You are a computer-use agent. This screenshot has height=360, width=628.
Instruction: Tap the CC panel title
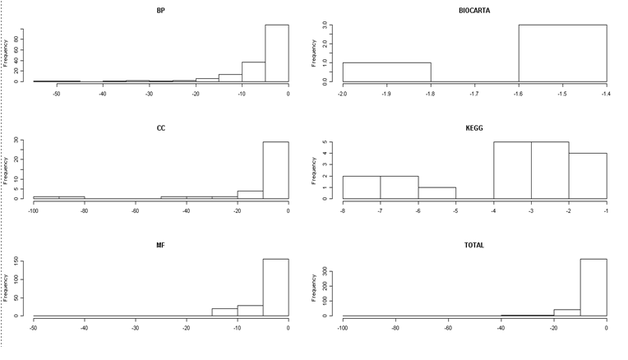pyautogui.click(x=159, y=127)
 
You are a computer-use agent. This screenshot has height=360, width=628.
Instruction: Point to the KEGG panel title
pyautogui.click(x=474, y=127)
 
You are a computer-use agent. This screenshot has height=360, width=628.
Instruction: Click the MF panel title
pyautogui.click(x=159, y=245)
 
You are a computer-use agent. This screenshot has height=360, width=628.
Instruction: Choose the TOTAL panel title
pyautogui.click(x=474, y=245)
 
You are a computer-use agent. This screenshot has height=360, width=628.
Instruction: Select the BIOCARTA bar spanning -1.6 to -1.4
pyautogui.click(x=562, y=53)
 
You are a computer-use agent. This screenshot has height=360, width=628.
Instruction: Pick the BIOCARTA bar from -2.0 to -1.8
pyautogui.click(x=386, y=72)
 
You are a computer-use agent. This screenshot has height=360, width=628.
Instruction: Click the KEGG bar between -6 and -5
pyautogui.click(x=436, y=193)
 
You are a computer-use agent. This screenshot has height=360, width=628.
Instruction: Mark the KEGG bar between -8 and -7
pyautogui.click(x=361, y=187)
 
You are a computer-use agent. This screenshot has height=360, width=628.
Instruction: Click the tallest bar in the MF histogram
pyautogui.click(x=275, y=288)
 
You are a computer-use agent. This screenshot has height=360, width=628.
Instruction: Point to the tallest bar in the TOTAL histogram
pyautogui.click(x=593, y=288)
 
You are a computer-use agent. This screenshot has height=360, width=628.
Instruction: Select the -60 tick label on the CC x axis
pyautogui.click(x=135, y=211)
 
